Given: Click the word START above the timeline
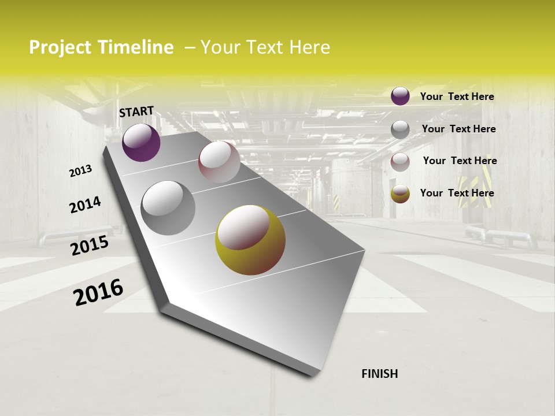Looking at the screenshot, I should pyautogui.click(x=136, y=111).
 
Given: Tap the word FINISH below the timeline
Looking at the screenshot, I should pyautogui.click(x=379, y=374).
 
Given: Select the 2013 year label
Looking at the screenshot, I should pyautogui.click(x=81, y=170).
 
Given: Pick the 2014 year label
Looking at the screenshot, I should pyautogui.click(x=85, y=205).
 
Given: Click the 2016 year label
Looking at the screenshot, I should pyautogui.click(x=98, y=292).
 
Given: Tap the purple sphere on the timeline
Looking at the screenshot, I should pyautogui.click(x=141, y=142).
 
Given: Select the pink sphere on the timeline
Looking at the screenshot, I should pyautogui.click(x=219, y=162).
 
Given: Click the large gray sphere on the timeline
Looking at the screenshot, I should pyautogui.click(x=168, y=207).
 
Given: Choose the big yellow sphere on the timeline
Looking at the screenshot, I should pyautogui.click(x=250, y=240).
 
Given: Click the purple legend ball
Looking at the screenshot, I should pyautogui.click(x=400, y=96).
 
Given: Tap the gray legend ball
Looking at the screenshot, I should pyautogui.click(x=400, y=129).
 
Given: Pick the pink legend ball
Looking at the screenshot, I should pyautogui.click(x=400, y=162).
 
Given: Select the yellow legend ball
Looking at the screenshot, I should pyautogui.click(x=400, y=194).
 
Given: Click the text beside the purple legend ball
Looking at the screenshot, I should pyautogui.click(x=457, y=96).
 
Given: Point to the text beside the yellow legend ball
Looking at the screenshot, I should pyautogui.click(x=457, y=193).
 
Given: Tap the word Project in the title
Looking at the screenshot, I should pyautogui.click(x=60, y=47).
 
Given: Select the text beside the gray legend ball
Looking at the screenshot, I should pyautogui.click(x=458, y=129).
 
